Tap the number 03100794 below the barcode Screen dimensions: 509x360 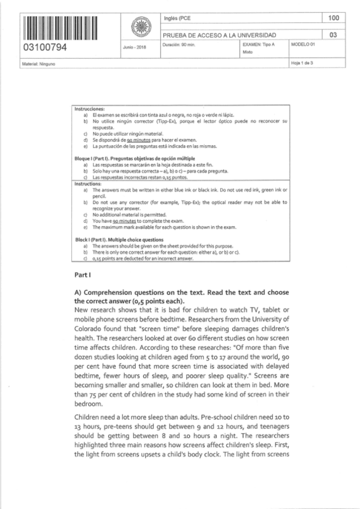(44, 47)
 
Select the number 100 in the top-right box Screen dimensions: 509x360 (334, 19)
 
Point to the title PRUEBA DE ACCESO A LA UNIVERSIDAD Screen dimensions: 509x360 (220, 35)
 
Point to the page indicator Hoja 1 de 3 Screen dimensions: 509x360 (302, 64)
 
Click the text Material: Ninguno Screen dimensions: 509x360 (38, 64)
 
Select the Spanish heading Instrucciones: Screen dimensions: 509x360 (90, 109)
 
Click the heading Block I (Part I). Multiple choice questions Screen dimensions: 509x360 (119, 239)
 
